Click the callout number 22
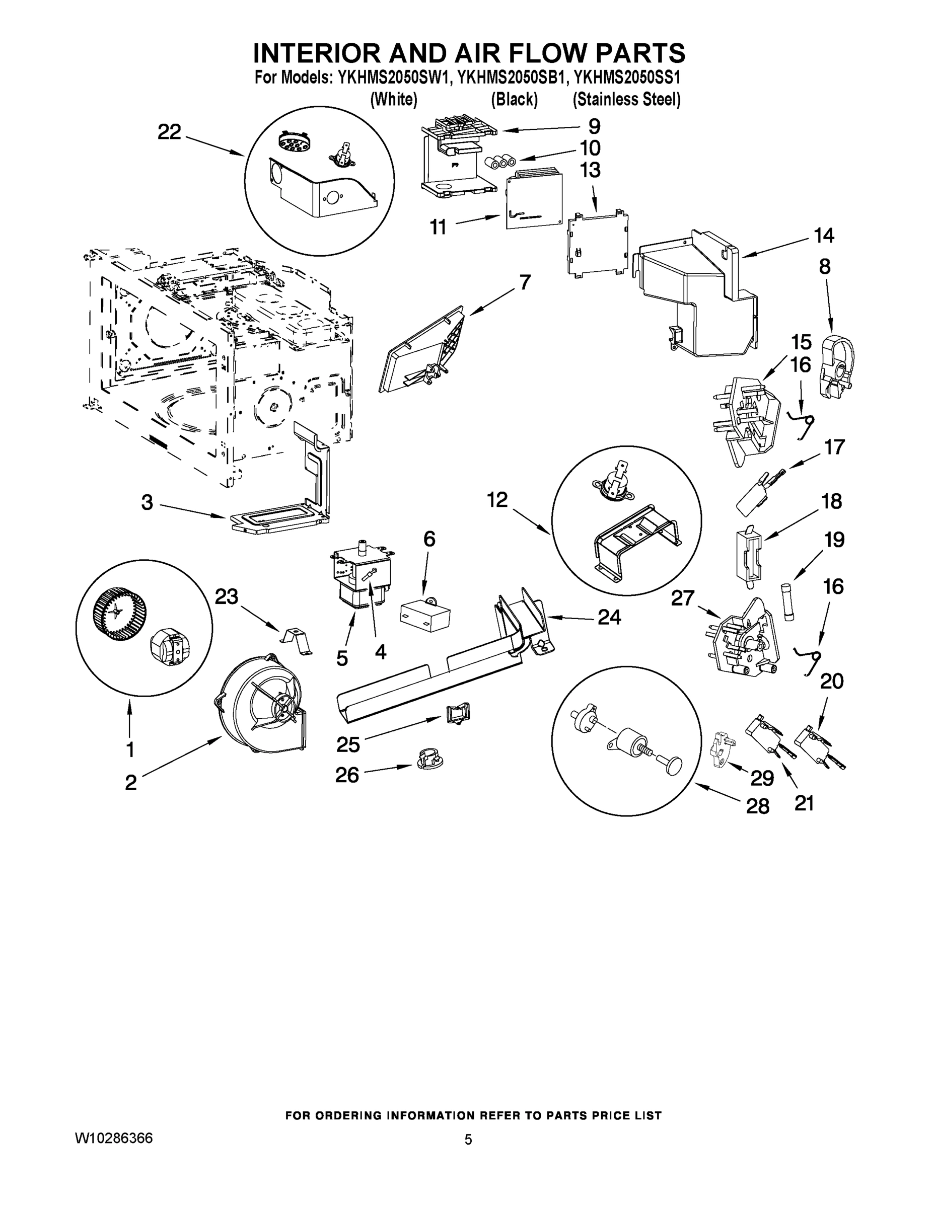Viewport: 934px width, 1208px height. click(169, 132)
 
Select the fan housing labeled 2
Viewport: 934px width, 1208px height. click(260, 703)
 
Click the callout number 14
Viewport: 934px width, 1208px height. click(823, 236)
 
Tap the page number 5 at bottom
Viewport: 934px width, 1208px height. click(468, 1140)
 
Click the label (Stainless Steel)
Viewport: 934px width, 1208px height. click(626, 100)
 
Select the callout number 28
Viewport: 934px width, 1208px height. click(757, 806)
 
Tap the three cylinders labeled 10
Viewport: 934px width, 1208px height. click(499, 162)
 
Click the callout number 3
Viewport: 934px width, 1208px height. click(147, 502)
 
